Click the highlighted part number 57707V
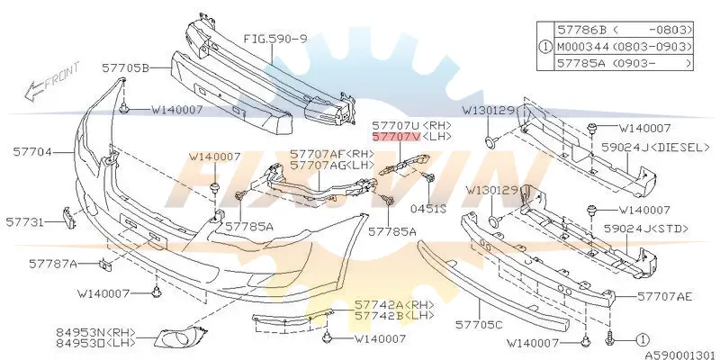coord(396,137)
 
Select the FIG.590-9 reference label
coord(275,39)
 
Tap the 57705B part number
coord(125,68)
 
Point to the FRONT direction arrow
coord(51,82)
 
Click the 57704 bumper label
coord(31,151)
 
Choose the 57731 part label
coord(25,222)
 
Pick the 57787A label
coord(53,264)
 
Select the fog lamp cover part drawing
coord(180,337)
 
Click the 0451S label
coord(428,210)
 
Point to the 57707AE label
coord(665,297)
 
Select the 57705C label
coord(479,325)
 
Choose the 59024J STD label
coord(646,229)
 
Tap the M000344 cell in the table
coord(582,47)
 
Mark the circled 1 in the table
coord(545,47)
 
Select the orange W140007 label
coord(214,157)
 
